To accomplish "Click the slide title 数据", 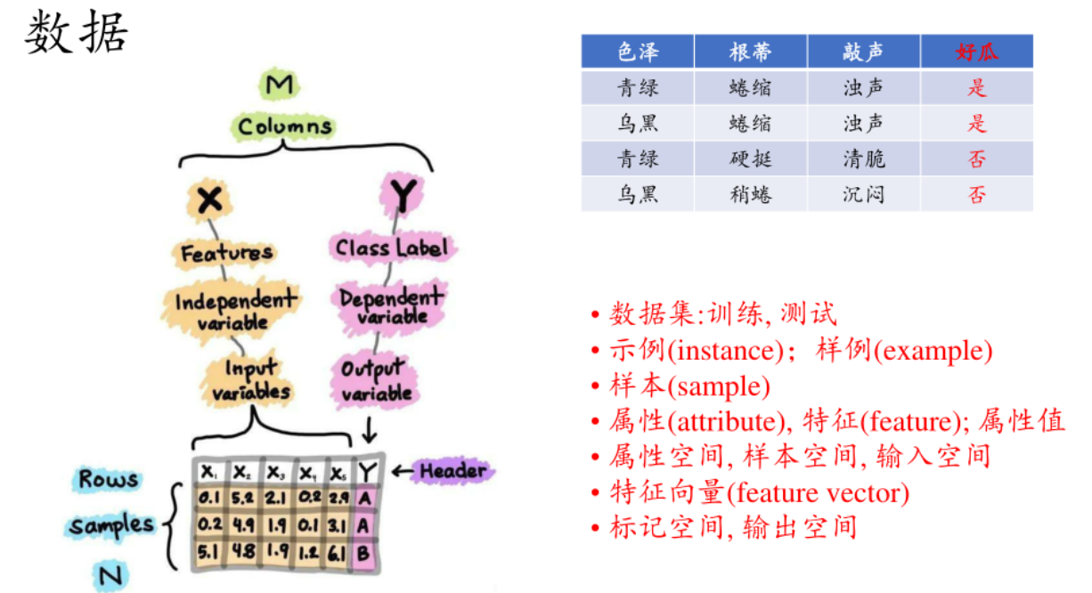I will pos(77,35).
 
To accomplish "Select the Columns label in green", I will pos(285,126).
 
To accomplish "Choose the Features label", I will pos(227,254).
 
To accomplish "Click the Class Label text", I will pos(390,247).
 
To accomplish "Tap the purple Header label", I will pos(452,471).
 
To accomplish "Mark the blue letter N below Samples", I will pos(110,577).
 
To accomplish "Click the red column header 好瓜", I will pos(977,52).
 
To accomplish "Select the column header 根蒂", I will pos(750,52).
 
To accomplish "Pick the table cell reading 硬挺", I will pos(750,158).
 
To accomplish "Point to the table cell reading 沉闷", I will pos(864,194).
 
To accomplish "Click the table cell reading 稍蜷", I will pos(750,194).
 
